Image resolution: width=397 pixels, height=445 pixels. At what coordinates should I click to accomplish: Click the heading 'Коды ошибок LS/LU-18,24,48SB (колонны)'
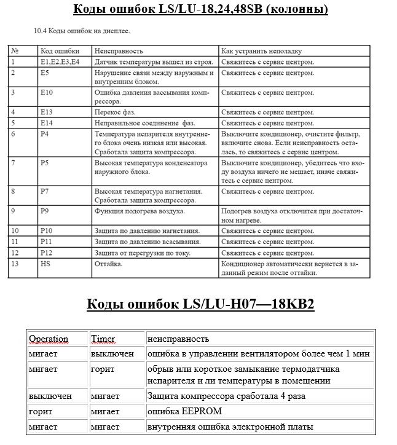coord(200,9)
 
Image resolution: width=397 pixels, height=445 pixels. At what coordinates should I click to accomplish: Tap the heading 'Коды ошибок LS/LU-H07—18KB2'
coord(200,304)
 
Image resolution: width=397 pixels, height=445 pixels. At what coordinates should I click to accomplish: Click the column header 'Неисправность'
coord(119,51)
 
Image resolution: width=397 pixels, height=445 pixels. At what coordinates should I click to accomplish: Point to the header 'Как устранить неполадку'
coord(261,51)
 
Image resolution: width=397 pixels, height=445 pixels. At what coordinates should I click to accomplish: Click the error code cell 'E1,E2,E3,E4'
coord(60,62)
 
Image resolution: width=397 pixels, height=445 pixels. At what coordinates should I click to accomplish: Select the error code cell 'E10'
coord(47,93)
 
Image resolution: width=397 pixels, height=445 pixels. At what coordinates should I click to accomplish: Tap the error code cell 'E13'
coord(47,112)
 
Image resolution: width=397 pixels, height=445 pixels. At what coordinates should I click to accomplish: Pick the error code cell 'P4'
coord(44,133)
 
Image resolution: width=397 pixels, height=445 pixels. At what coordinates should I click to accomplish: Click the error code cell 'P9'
coord(44,211)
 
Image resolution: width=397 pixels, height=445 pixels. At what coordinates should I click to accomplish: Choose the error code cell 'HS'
coord(45,264)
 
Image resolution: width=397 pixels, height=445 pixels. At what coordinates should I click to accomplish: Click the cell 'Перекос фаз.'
coord(115,112)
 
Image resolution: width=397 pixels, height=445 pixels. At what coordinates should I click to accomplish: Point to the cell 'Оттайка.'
coord(109,264)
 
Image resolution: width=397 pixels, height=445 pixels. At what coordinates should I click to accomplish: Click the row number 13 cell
coord(15,264)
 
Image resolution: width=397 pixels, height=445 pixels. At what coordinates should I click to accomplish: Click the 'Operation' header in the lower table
coord(49,339)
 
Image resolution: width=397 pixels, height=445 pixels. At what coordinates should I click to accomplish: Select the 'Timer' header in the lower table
coord(103,339)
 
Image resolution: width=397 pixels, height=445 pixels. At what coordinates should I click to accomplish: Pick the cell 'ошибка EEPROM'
coord(184,411)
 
